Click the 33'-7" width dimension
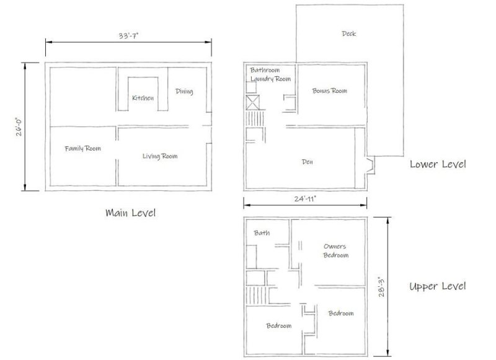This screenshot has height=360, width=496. [x=128, y=36]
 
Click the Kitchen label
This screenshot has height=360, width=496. [x=143, y=99]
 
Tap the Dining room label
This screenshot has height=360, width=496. [x=184, y=92]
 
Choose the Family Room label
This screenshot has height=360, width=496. [x=83, y=149]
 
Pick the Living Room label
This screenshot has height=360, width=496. [x=160, y=156]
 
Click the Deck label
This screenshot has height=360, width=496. [x=349, y=33]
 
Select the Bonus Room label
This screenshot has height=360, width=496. [x=329, y=90]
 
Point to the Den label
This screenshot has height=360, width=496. [x=306, y=162]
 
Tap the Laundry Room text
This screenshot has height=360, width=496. [x=270, y=79]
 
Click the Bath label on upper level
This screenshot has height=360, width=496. [x=261, y=233]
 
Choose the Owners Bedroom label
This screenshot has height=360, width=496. [x=335, y=251]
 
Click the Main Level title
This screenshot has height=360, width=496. [x=130, y=213]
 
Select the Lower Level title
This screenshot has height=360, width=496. [x=438, y=164]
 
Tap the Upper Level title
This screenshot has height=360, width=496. [x=438, y=286]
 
